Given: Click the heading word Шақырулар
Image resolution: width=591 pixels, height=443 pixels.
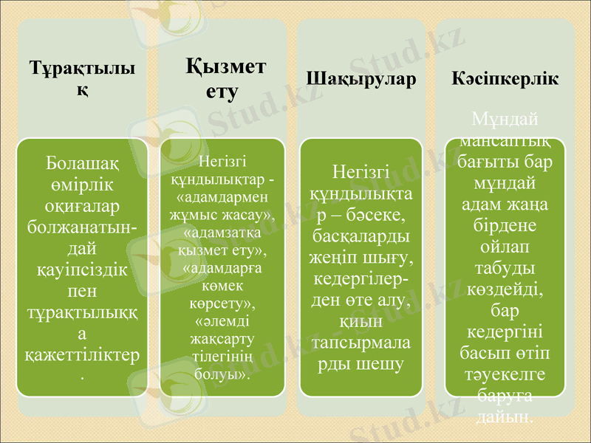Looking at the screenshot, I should pyautogui.click(x=361, y=79).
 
